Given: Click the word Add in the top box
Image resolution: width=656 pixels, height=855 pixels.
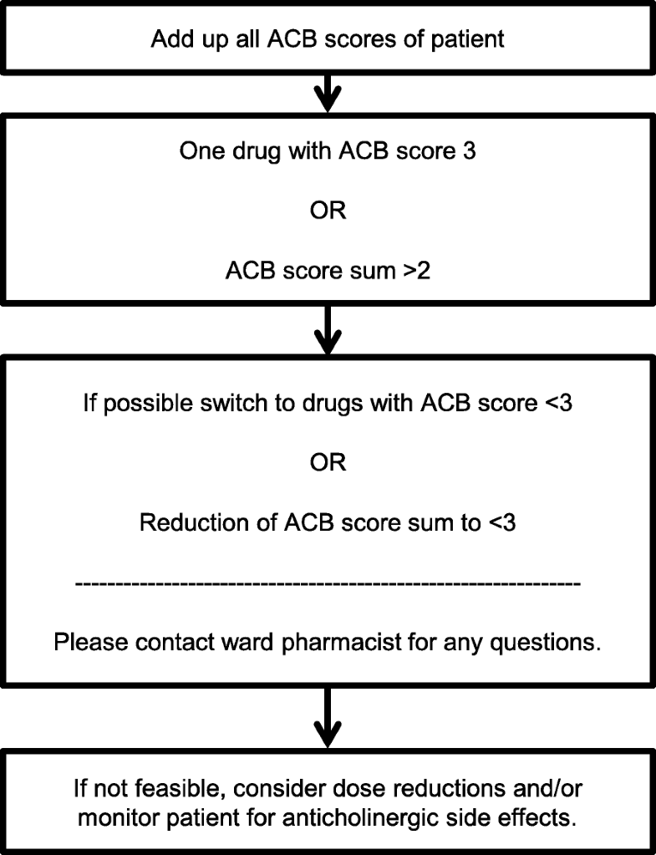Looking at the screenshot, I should point(170,39).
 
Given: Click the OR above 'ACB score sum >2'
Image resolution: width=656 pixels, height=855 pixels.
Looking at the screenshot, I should point(328,211).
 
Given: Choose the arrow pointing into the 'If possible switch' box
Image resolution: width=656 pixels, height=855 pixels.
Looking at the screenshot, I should point(328,329).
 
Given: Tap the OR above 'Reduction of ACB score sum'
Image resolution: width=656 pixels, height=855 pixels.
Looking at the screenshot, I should point(328,462).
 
